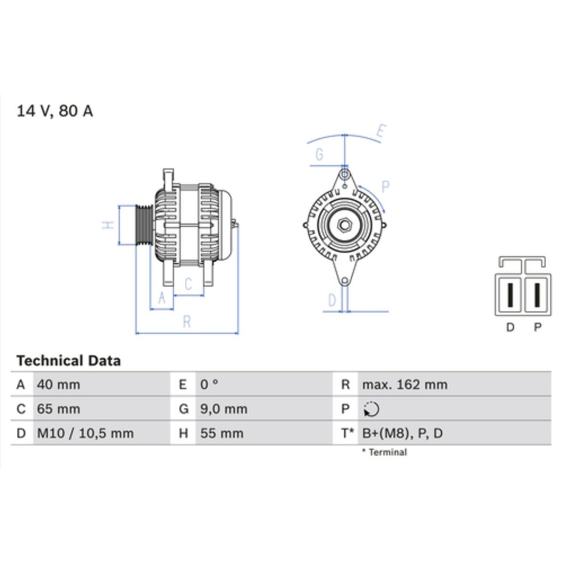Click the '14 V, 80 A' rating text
coord(55,111)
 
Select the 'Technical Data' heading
coord(68,361)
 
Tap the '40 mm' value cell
coord(58,385)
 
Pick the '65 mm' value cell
coord(58,409)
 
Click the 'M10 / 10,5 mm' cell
coord(85,433)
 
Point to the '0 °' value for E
coord(209,385)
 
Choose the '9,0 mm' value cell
coord(224,409)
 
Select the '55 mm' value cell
coord(222,433)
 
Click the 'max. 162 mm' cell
coord(405,385)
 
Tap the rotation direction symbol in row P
coord(371,410)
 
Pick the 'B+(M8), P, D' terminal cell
coord(402,433)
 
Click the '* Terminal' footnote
coord(384,452)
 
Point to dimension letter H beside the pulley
coord(109,225)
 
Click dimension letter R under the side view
coord(187,322)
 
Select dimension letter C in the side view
coord(188,285)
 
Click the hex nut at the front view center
coord(345,225)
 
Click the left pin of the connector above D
coord(510,294)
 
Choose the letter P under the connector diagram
coord(538,328)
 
